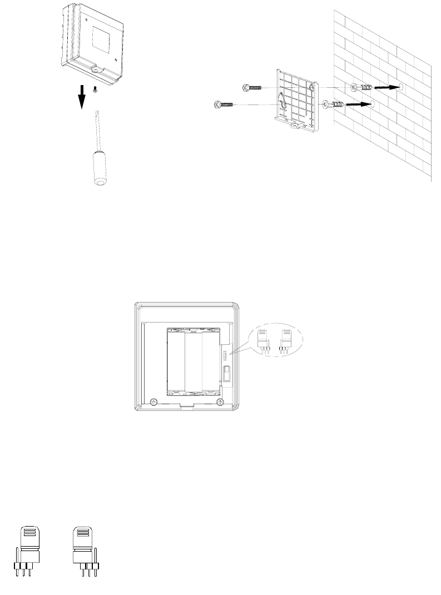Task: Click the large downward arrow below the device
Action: (82, 98)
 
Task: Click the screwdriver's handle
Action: (100, 170)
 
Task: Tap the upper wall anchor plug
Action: (362, 87)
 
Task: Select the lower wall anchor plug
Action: (334, 103)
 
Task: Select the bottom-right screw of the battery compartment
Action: (220, 401)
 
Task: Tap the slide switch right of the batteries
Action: (226, 372)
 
